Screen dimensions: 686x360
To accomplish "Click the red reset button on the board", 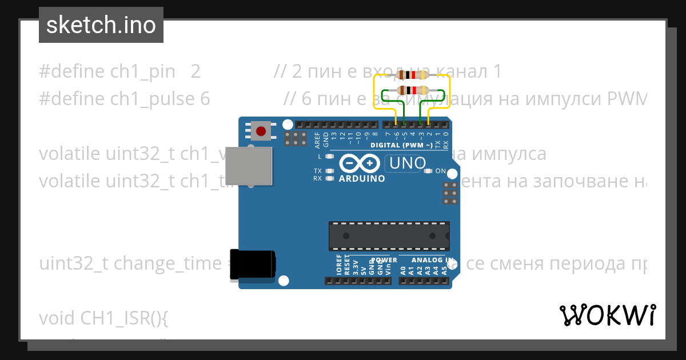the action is click(261, 131).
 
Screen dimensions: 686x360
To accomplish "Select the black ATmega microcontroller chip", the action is click(389, 236).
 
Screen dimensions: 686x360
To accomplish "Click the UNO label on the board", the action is click(407, 164).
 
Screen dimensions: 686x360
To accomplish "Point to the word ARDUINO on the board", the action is click(362, 178).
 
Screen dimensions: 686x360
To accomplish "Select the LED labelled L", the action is click(329, 157).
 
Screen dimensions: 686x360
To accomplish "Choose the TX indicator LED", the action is click(329, 171).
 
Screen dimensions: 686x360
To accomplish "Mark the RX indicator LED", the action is click(329, 178).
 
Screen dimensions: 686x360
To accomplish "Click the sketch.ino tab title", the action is click(101, 25).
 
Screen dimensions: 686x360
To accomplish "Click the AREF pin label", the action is click(318, 138).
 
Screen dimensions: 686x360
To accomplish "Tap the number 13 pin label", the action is click(334, 136).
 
